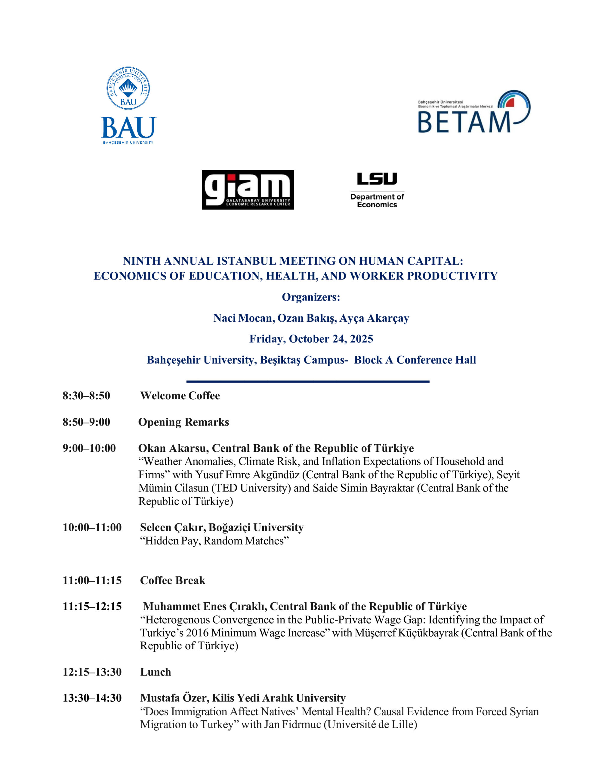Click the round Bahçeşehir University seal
pyautogui.click(x=128, y=88)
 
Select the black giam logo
pyautogui.click(x=248, y=189)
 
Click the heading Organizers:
pyautogui.click(x=311, y=297)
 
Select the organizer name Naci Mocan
pyautogui.click(x=243, y=318)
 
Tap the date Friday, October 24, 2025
pyautogui.click(x=311, y=339)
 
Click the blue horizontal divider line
pyautogui.click(x=307, y=381)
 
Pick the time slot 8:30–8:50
pyautogui.click(x=86, y=395)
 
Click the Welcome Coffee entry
pyautogui.click(x=180, y=395)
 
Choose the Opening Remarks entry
pyautogui.click(x=183, y=422)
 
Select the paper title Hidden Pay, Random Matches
pyautogui.click(x=214, y=541)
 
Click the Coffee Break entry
pyautogui.click(x=172, y=580)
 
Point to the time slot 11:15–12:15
pyautogui.click(x=92, y=607)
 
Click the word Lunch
pyautogui.click(x=156, y=672)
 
